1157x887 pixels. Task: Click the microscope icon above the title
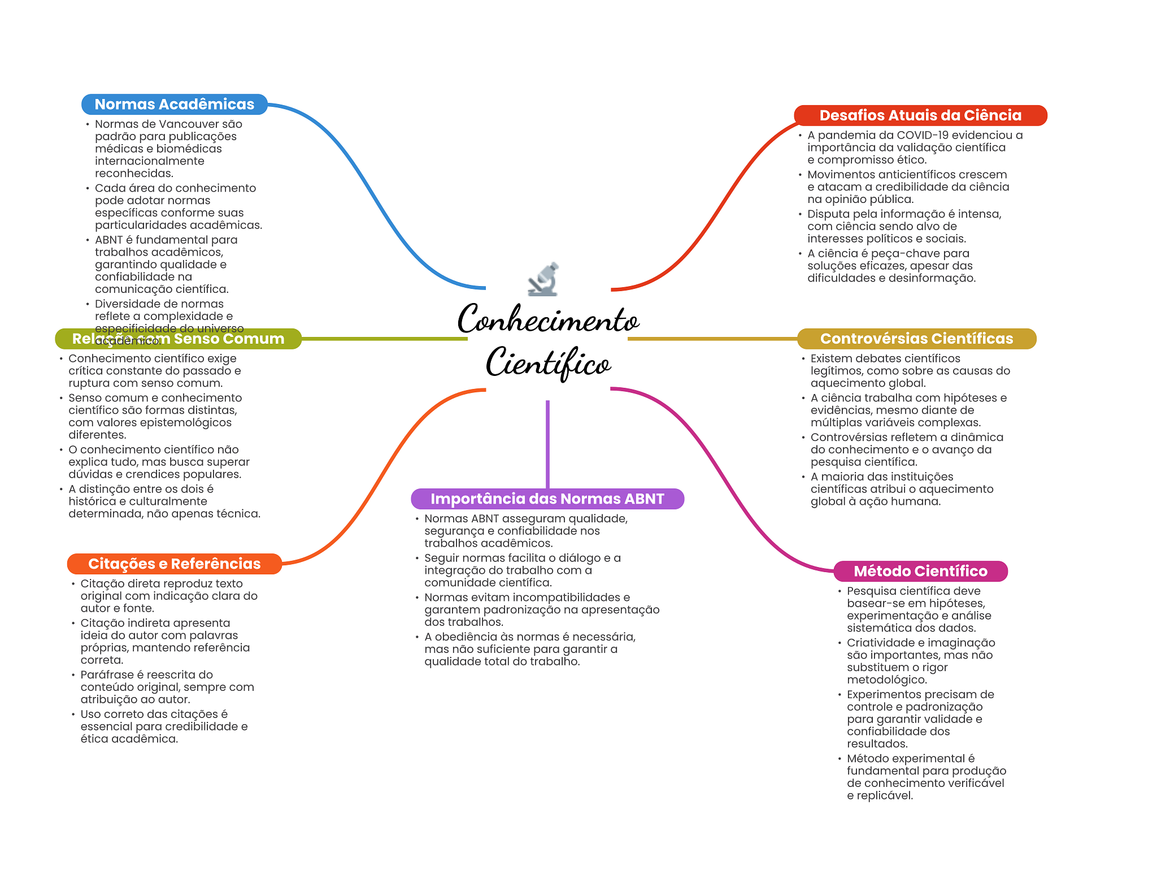point(543,279)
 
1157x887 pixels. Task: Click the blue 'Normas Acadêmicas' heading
point(174,105)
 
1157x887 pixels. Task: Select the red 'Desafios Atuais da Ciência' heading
point(920,115)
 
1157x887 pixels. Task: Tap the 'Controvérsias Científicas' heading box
point(916,339)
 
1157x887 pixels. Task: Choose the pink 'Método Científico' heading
point(920,571)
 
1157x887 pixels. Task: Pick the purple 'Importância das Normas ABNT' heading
point(547,499)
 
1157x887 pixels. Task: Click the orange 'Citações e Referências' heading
point(174,564)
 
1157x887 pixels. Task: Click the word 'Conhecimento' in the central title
point(548,320)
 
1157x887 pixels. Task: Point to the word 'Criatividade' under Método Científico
point(878,643)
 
